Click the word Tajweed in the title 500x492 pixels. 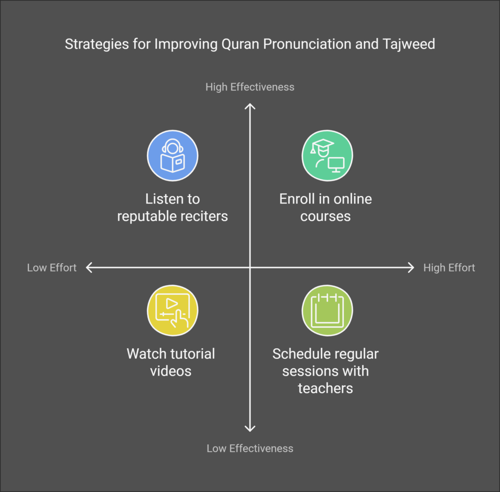pos(409,45)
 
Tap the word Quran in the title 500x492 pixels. pos(240,45)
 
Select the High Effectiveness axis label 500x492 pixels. pos(250,87)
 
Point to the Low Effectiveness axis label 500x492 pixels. pos(250,448)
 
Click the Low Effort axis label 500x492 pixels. pos(52,268)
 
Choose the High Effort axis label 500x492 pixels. pos(449,268)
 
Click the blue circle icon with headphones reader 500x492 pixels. pos(172,156)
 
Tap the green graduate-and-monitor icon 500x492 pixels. pos(327,156)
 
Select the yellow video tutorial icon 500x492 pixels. pos(172,311)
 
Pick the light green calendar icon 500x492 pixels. pos(327,311)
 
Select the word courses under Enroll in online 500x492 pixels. pos(325,216)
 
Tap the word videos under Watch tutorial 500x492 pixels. pos(170,371)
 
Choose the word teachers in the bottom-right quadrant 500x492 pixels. pos(325,388)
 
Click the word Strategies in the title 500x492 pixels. pos(97,45)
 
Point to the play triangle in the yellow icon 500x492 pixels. pos(171,303)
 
